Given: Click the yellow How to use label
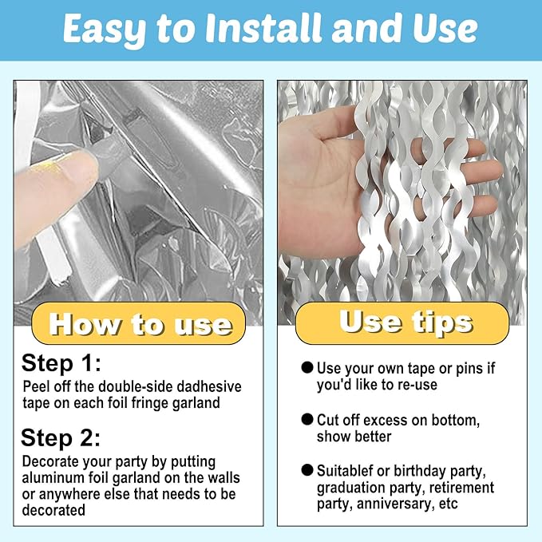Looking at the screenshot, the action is (x=139, y=323).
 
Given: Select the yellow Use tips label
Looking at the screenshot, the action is (x=402, y=322).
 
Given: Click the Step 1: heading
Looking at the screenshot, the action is (x=61, y=364).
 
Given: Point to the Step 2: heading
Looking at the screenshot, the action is (x=61, y=438).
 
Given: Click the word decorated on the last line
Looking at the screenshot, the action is (x=53, y=510).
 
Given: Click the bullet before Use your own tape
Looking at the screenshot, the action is (x=307, y=367).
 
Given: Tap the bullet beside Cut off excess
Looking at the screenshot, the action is (x=307, y=419).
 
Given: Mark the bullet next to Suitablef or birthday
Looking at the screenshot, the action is (x=307, y=470).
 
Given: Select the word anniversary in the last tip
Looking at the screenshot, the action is (x=395, y=504).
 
